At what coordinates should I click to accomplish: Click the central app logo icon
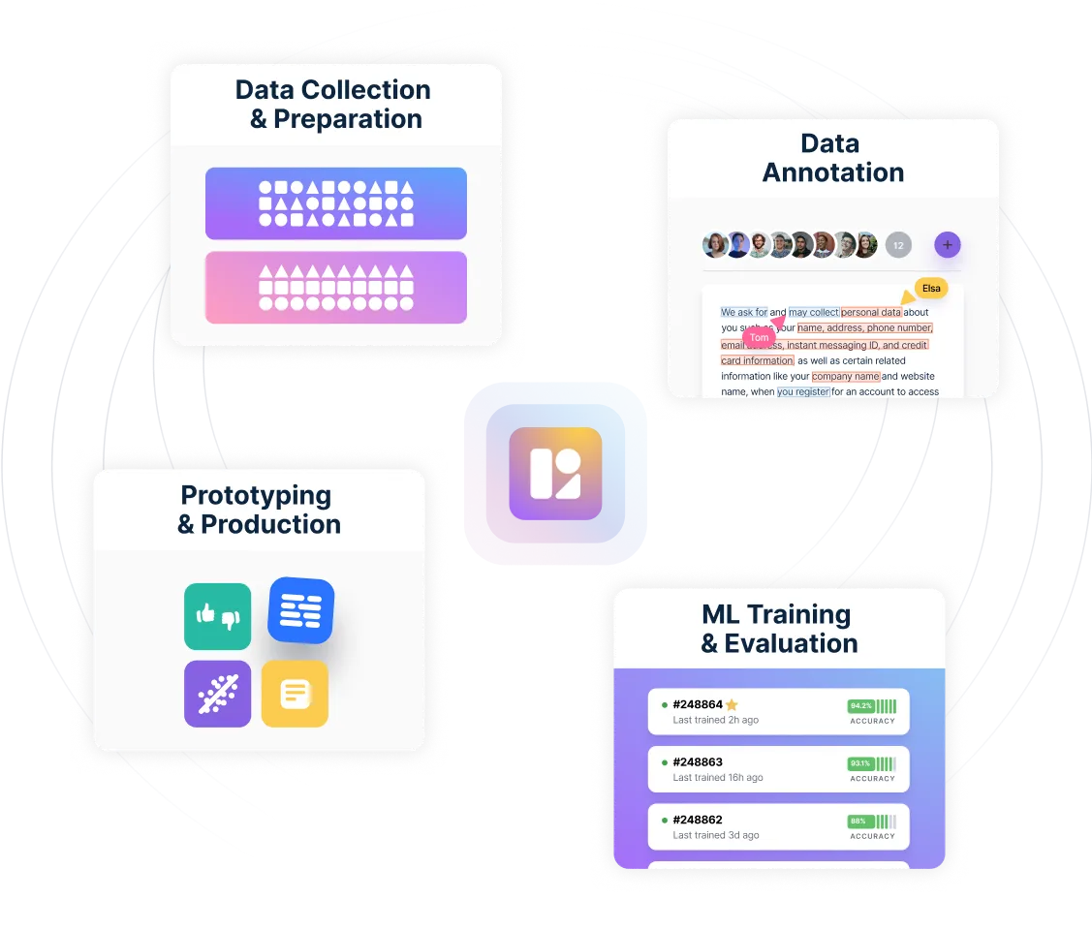[555, 473]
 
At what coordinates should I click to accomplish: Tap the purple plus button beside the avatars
[947, 245]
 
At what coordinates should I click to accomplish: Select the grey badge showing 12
[898, 246]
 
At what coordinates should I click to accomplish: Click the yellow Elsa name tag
[930, 289]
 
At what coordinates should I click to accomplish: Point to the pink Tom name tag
[760, 337]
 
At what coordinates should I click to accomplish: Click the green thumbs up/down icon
[218, 616]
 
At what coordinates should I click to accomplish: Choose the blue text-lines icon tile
[301, 610]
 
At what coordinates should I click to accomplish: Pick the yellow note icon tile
[295, 694]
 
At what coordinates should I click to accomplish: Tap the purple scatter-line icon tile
[218, 694]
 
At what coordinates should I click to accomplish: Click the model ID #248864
[698, 704]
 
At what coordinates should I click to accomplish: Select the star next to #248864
[733, 704]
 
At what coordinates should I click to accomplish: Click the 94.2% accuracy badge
[860, 706]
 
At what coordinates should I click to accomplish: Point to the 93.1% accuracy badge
[860, 763]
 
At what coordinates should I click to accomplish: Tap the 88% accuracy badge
[858, 821]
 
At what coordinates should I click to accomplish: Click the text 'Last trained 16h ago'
[718, 778]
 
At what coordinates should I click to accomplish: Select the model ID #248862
[698, 820]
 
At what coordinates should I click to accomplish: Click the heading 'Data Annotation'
[832, 158]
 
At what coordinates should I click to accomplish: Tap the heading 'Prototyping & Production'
[259, 510]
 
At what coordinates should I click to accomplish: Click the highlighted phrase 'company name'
[846, 376]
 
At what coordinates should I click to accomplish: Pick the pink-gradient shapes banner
[335, 288]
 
